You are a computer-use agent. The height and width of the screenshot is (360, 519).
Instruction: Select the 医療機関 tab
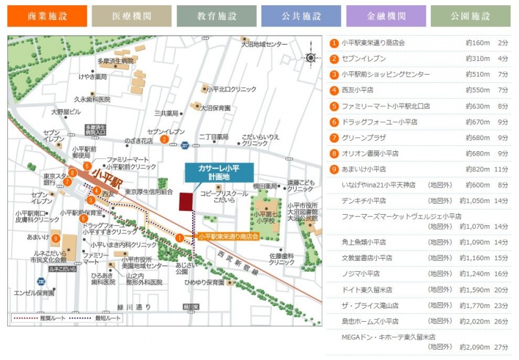(132, 16)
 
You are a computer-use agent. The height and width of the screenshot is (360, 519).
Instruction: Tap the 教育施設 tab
(216, 16)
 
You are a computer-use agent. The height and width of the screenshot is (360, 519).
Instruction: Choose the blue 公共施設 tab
(300, 16)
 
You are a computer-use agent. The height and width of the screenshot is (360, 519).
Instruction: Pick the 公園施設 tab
(470, 16)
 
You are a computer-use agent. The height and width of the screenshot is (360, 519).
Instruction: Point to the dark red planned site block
(187, 201)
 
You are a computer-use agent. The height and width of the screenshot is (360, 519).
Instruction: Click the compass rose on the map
(310, 58)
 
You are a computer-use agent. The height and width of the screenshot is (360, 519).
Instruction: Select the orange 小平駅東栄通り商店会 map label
(228, 237)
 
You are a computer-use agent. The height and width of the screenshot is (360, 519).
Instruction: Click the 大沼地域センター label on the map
(264, 44)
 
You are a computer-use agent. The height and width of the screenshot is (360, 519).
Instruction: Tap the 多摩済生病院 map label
(115, 61)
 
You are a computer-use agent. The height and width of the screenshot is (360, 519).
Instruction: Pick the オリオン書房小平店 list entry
(370, 154)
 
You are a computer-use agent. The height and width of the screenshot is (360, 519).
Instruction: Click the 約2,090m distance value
(477, 348)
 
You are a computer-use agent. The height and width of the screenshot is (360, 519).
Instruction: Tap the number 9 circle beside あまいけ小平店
(334, 169)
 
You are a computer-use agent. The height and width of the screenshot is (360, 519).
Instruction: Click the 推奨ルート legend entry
(38, 318)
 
